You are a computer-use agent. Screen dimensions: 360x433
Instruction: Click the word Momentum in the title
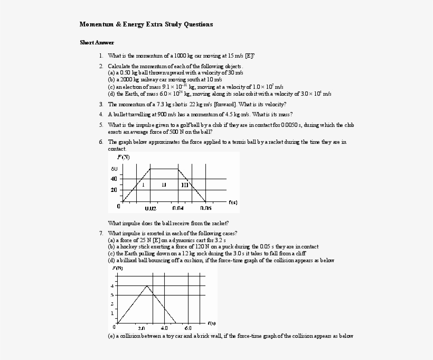pos(96,24)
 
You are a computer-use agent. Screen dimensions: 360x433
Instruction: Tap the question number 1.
pos(100,55)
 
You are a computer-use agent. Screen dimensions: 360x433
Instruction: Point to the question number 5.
pos(100,125)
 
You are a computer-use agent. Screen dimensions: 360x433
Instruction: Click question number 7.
pos(100,233)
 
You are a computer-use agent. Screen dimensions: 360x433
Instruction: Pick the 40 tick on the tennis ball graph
pos(114,179)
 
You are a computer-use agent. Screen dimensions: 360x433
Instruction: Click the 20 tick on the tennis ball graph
pos(114,189)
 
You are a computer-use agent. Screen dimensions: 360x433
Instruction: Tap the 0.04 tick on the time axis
pos(178,208)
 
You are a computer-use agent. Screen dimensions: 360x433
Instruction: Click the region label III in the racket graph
pos(184,184)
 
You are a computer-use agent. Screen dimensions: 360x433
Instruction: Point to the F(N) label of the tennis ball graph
pos(123,158)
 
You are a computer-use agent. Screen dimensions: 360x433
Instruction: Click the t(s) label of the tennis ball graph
pos(233,201)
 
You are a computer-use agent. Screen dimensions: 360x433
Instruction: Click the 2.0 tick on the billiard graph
pos(141,327)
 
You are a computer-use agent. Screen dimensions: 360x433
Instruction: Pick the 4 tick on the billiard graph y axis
pos(111,286)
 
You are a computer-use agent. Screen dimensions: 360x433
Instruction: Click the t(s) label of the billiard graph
pos(211,322)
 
